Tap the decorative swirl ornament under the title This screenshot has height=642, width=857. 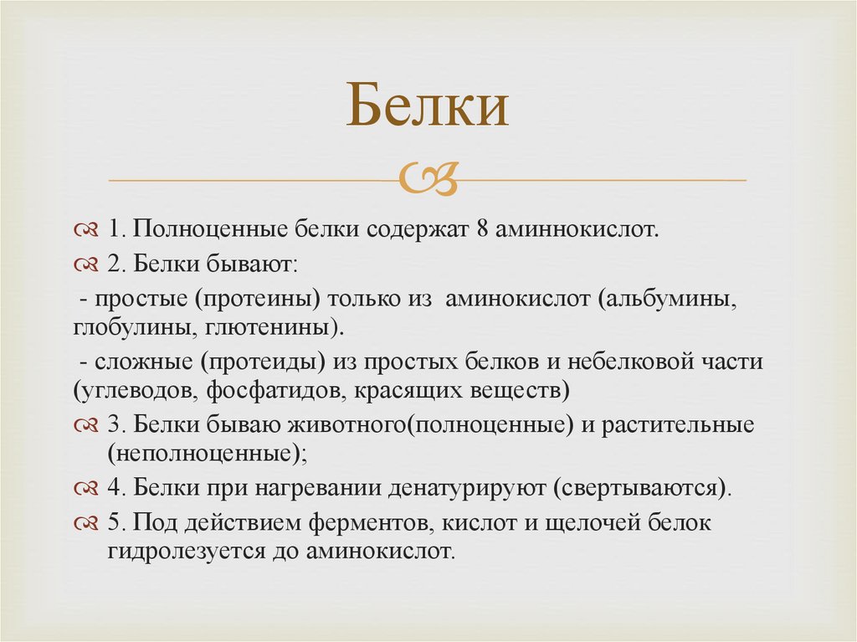click(x=428, y=178)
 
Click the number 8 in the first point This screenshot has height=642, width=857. click(x=483, y=229)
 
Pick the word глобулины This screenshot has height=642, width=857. click(x=132, y=326)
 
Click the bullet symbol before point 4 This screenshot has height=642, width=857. click(x=87, y=489)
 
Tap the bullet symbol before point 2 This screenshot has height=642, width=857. click(x=87, y=265)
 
